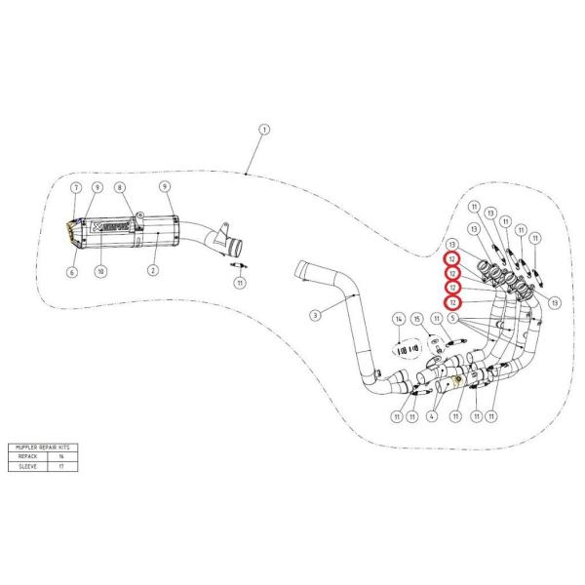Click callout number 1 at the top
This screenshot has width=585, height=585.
pyautogui.click(x=263, y=129)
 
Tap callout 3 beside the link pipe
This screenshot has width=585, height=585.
pyautogui.click(x=315, y=314)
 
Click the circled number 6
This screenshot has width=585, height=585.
pyautogui.click(x=71, y=273)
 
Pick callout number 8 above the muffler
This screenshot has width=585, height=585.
pyautogui.click(x=120, y=186)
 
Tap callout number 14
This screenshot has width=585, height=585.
pyautogui.click(x=398, y=320)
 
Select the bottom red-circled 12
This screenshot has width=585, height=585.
pyautogui.click(x=452, y=303)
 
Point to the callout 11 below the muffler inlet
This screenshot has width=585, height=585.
pyautogui.click(x=238, y=284)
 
